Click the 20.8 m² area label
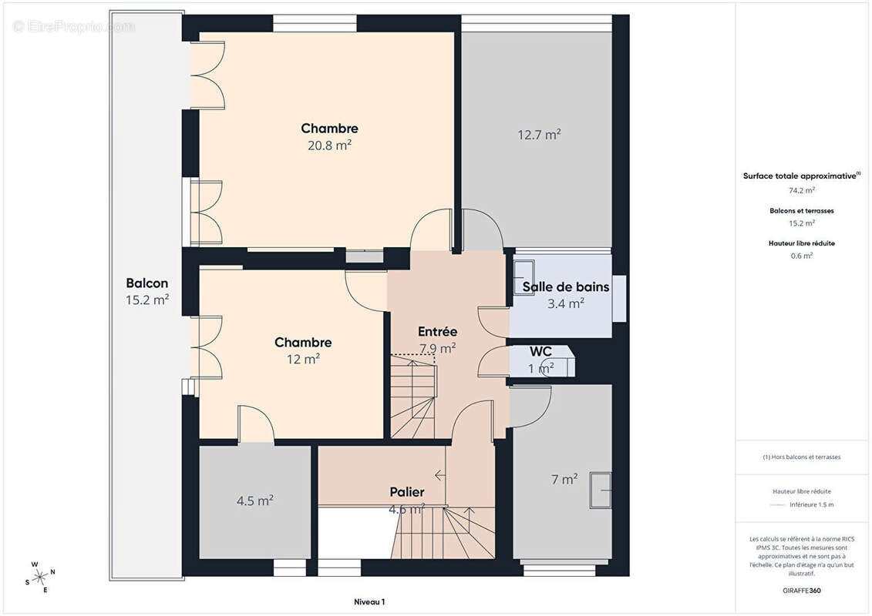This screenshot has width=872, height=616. (329, 144)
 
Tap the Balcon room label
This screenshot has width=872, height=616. (146, 283)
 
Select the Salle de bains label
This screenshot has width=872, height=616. (565, 287)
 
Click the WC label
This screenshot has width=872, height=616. (540, 351)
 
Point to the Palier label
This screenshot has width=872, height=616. (406, 492)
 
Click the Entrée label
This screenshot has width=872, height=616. (437, 331)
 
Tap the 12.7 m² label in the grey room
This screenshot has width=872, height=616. (538, 135)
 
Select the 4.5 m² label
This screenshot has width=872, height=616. (254, 500)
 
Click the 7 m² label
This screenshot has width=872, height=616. (564, 479)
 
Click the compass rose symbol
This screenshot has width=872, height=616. (40, 577)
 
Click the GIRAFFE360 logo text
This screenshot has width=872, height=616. (801, 590)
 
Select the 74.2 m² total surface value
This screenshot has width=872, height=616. (801, 189)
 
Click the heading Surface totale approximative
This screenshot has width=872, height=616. (800, 176)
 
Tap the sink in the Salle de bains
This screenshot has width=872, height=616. (524, 272)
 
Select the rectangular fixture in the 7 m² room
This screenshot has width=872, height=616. (600, 490)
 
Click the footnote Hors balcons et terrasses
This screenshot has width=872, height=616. (801, 457)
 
